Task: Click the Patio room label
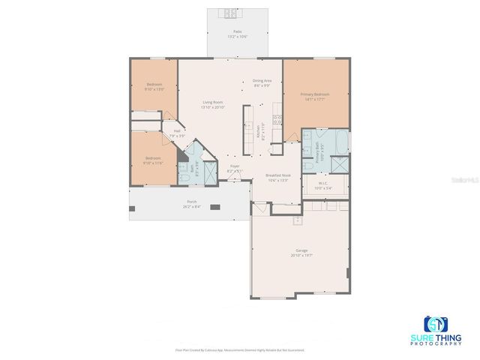(237, 31)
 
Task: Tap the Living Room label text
(213, 102)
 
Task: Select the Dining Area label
(262, 80)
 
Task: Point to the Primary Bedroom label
(315, 94)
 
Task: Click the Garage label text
(301, 250)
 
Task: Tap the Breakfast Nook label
(277, 175)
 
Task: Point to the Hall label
(177, 130)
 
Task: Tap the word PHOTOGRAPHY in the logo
(435, 343)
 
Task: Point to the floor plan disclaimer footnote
(240, 350)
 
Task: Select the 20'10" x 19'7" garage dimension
(301, 256)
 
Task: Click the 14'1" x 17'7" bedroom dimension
(315, 98)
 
